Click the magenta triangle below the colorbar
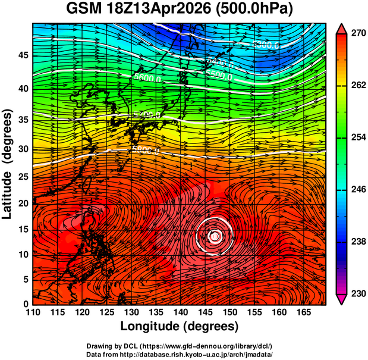click(342, 299)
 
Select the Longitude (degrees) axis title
click(180, 326)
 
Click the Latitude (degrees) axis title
click(8, 163)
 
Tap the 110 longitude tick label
click(33, 312)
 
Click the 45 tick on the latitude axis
click(23, 55)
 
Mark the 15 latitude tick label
click(23, 229)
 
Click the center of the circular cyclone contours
click(215, 236)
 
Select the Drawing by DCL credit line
click(180, 346)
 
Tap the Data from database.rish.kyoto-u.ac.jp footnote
click(180, 353)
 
